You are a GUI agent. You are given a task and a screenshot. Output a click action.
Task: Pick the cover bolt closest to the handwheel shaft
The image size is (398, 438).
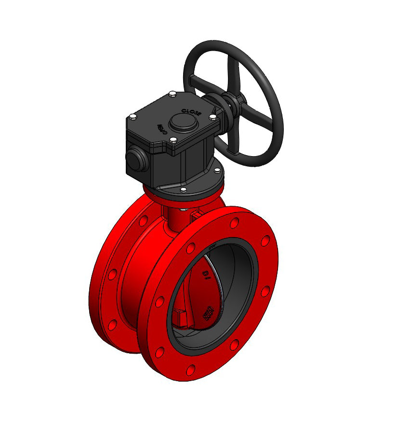[212, 116]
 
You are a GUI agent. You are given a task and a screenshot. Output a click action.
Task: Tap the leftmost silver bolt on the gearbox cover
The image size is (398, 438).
[132, 116]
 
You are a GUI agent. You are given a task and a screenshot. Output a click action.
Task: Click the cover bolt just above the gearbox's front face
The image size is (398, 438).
[172, 141]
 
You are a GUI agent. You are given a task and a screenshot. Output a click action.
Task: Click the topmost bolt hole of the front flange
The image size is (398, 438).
[235, 223]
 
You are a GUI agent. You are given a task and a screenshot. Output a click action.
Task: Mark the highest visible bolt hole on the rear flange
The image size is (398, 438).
[143, 221]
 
